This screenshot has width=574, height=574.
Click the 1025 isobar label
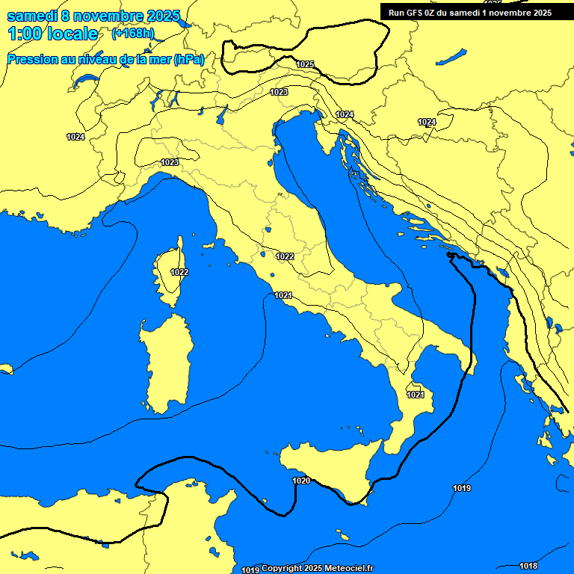click(305, 64)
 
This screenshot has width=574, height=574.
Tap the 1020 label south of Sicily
click(301, 481)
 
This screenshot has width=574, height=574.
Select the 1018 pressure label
click(528, 566)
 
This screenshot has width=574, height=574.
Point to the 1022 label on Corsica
click(179, 272)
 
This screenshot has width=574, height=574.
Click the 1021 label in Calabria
click(416, 395)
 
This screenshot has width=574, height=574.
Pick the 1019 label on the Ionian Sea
click(462, 488)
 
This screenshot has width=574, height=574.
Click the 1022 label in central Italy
click(285, 256)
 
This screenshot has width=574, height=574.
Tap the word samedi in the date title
click(34, 16)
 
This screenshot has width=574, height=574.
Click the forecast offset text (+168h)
click(134, 34)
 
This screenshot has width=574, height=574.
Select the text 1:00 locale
click(52, 34)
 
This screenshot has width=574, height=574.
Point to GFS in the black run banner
click(416, 13)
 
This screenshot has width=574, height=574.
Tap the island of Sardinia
click(166, 362)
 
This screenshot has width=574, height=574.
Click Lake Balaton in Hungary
click(452, 57)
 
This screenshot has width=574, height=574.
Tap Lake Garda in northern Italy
click(221, 114)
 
